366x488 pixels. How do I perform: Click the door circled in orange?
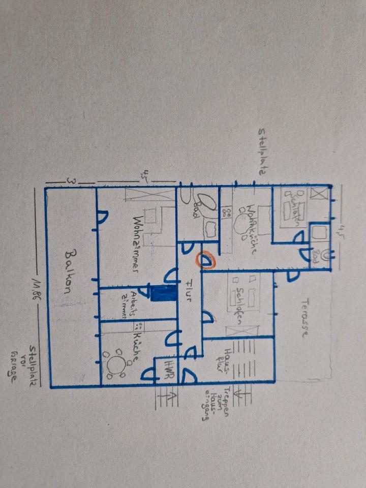tap(206, 262)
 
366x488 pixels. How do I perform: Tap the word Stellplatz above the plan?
tap(261, 152)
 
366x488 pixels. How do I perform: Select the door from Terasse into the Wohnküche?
tap(292, 276)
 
